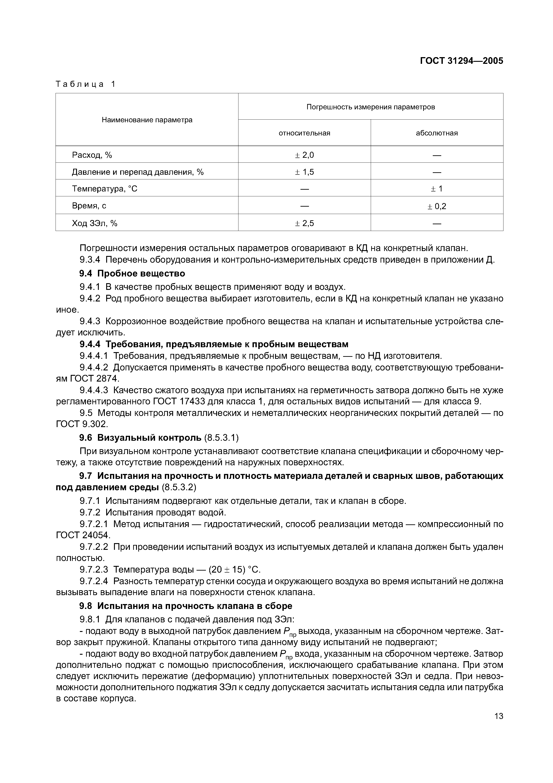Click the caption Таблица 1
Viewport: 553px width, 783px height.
click(86, 84)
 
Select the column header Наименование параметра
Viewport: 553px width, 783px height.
click(147, 120)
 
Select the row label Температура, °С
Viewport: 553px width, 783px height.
click(104, 189)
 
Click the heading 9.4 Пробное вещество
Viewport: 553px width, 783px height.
click(132, 274)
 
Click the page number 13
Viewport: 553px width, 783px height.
click(498, 716)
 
